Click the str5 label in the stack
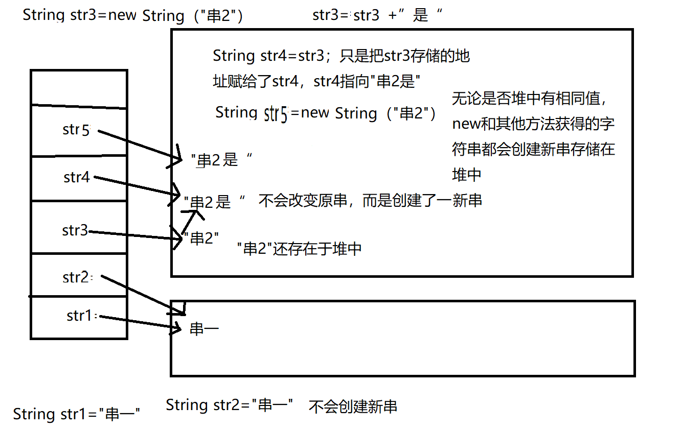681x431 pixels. pyautogui.click(x=76, y=130)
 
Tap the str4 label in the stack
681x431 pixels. pyautogui.click(x=77, y=177)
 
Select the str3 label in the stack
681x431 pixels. pyautogui.click(x=75, y=230)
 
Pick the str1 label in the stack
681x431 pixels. pyautogui.click(x=79, y=316)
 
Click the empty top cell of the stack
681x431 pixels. pyautogui.click(x=78, y=87)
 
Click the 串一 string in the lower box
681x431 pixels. pyautogui.click(x=204, y=328)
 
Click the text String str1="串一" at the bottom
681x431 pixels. pyautogui.click(x=77, y=414)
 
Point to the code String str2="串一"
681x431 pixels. pyautogui.click(x=230, y=405)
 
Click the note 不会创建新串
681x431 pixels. pyautogui.click(x=353, y=406)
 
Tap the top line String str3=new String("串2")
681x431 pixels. pyautogui.click(x=133, y=15)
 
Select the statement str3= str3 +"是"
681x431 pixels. pyautogui.click(x=377, y=15)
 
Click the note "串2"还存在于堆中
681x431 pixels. pyautogui.click(x=300, y=249)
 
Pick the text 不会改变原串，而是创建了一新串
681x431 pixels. pyautogui.click(x=370, y=201)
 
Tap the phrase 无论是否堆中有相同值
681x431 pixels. pyautogui.click(x=529, y=99)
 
